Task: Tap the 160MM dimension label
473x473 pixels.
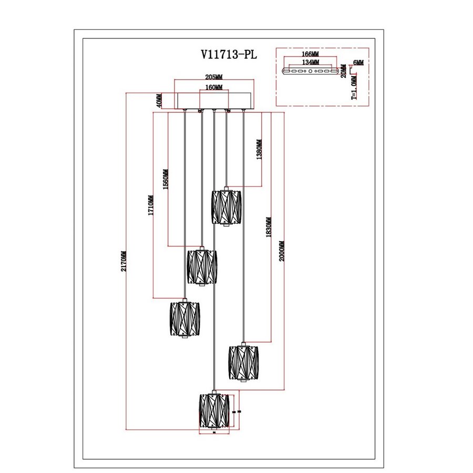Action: pyautogui.click(x=214, y=87)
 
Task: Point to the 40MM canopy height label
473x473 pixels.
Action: pyautogui.click(x=158, y=100)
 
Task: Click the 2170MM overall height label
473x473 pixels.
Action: pyautogui.click(x=124, y=261)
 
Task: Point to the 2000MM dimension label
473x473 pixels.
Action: pyautogui.click(x=281, y=251)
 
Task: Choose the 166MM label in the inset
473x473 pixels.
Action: pyautogui.click(x=311, y=54)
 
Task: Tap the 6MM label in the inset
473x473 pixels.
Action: pyautogui.click(x=358, y=63)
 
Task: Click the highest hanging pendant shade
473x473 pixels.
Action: pyautogui.click(x=226, y=207)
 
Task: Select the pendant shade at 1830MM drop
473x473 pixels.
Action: pyautogui.click(x=243, y=362)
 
